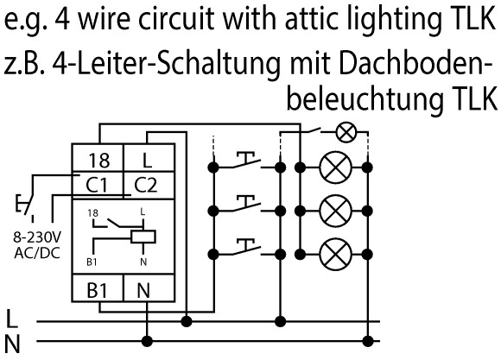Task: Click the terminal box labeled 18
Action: pos(98,158)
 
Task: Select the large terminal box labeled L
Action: pos(149,158)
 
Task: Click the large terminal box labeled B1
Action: pos(98,287)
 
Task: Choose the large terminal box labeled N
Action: pos(149,287)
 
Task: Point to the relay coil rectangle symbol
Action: pos(143,237)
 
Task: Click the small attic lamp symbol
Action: pos(346,132)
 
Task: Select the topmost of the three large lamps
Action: pos(335,167)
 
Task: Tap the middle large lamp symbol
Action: pos(335,211)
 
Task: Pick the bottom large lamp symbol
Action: pos(335,255)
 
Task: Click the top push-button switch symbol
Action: pos(247,161)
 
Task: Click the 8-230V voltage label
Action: pos(37,238)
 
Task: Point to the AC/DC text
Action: pos(37,253)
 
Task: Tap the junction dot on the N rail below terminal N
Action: pos(147,341)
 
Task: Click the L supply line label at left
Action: pos(12,319)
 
